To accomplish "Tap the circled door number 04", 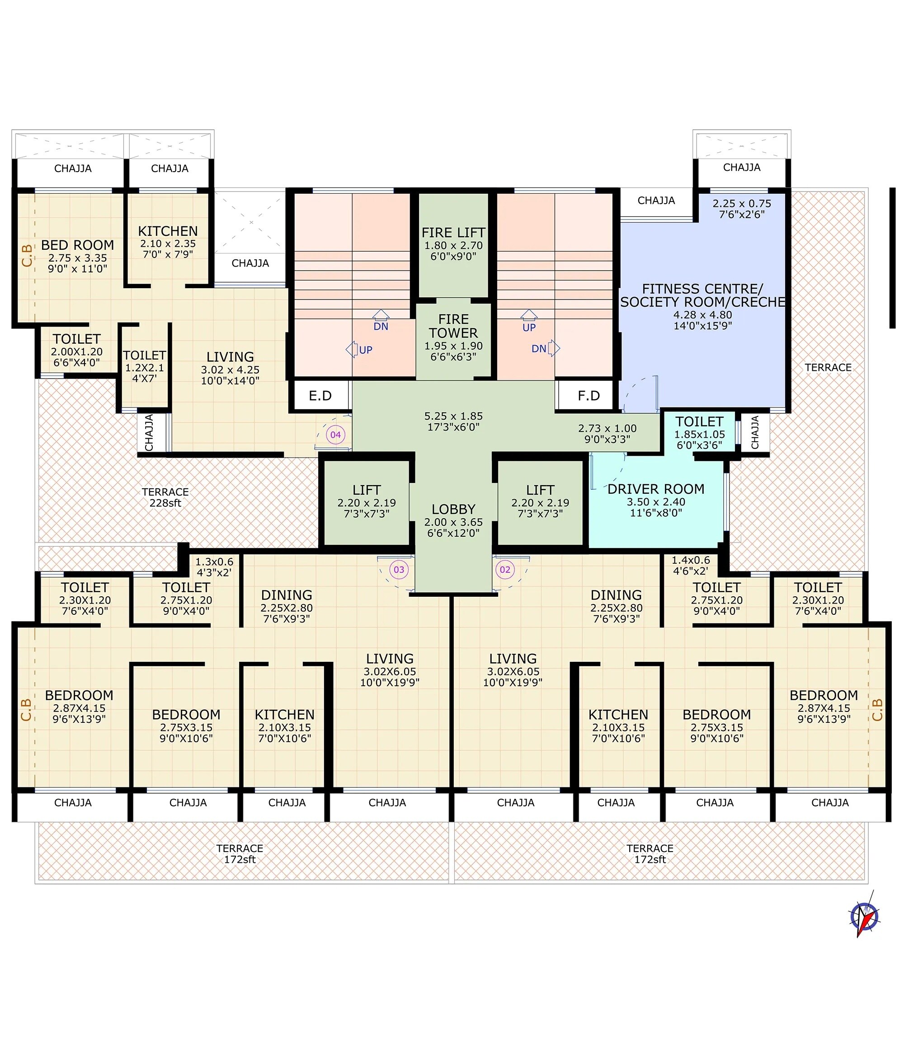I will [x=335, y=435].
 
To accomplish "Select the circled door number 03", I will [x=399, y=570].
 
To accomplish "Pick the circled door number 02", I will [x=505, y=570].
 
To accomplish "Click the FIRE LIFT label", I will [x=453, y=233].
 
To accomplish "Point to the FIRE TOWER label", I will [x=453, y=326].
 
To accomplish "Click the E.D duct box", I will [x=320, y=396].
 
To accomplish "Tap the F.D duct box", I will [x=588, y=396].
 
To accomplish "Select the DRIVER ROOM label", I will [x=655, y=489].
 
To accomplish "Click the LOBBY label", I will [x=453, y=509].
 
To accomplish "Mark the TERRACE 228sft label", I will [x=165, y=497].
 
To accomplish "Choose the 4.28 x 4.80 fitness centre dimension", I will [x=702, y=315].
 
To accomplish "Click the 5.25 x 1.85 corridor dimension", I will [x=453, y=417].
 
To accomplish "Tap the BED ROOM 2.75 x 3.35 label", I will [x=77, y=245].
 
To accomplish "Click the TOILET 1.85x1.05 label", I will [x=699, y=422].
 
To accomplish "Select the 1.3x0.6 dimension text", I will [x=214, y=562].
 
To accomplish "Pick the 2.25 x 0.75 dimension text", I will [x=742, y=204].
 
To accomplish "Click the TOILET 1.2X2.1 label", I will [x=144, y=356].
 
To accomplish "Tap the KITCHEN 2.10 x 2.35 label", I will [x=168, y=231].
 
